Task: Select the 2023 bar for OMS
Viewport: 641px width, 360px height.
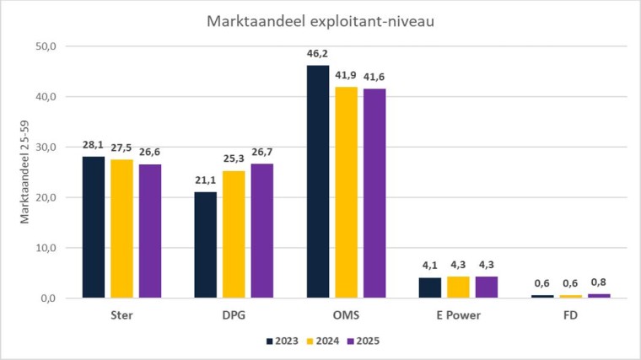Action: pos(318,181)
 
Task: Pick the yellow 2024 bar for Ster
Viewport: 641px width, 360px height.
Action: pos(121,228)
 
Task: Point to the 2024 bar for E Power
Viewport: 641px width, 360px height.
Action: pos(458,287)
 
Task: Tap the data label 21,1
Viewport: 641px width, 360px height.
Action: pos(206,180)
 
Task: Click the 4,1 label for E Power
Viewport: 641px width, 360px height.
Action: pos(430,266)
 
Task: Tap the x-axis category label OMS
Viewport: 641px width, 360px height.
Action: pos(346,316)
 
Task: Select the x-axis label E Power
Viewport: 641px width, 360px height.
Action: pos(458,316)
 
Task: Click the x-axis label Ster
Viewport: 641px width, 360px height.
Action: pos(121,316)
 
